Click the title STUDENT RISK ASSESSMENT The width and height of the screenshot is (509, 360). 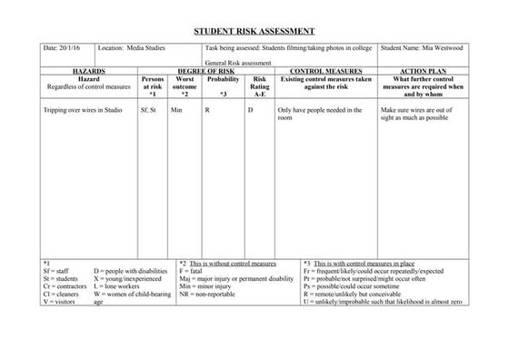[254, 31]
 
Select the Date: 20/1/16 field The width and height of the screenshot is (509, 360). [60, 45]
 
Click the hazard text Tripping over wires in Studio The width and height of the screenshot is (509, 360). [82, 109]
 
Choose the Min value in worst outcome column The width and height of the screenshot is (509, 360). [177, 109]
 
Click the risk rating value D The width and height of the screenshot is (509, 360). [251, 109]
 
